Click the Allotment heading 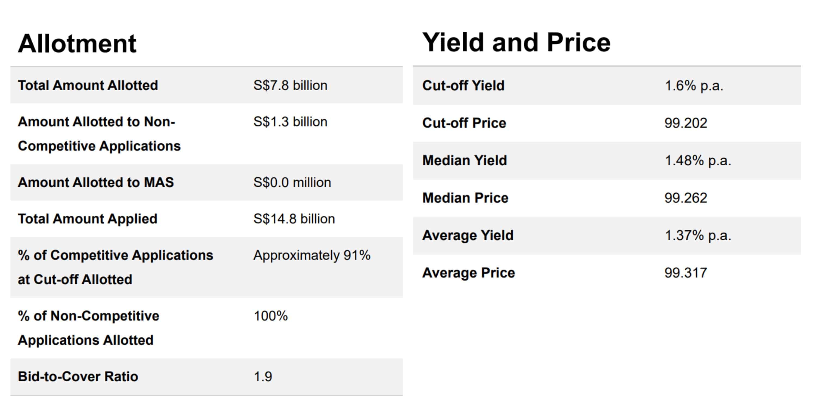tap(77, 44)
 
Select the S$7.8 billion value tap(290, 85)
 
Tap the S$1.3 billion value tap(290, 122)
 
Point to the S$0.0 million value tap(292, 183)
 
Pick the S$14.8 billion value tap(294, 219)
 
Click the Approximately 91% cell tap(312, 255)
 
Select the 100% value tap(271, 316)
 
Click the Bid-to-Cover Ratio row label tap(78, 377)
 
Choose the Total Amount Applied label tap(87, 219)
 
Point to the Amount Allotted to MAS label tap(96, 183)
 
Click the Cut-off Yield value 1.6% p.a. tap(694, 85)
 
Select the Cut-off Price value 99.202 tap(685, 123)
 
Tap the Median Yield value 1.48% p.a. tap(697, 160)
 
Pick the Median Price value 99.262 tap(685, 198)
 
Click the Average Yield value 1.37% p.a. tap(697, 235)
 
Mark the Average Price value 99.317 tap(685, 273)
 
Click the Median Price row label tap(465, 198)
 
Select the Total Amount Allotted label tap(88, 85)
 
